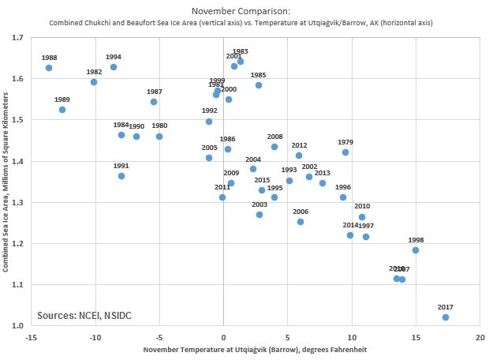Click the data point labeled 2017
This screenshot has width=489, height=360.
point(446,317)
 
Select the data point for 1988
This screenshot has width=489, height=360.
point(49,68)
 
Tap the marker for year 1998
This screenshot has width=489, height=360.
point(416,250)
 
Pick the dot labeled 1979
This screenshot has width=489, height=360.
point(345,152)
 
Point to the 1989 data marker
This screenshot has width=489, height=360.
point(62,110)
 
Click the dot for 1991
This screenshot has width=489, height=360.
point(121,176)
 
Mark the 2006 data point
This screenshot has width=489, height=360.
point(300,222)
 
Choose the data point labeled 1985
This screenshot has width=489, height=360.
point(259,85)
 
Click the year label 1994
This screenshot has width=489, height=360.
point(113,57)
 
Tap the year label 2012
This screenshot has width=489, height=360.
point(299,145)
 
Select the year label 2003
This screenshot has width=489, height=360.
point(259,204)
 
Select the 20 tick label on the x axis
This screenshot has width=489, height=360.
point(480,337)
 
